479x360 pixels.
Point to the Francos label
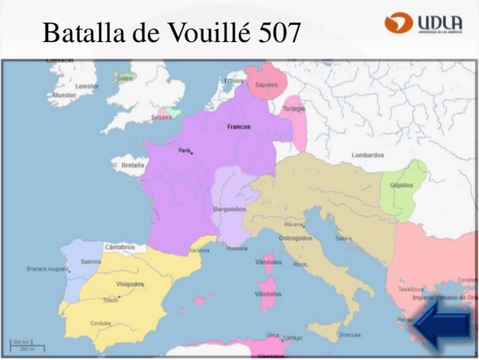[x=238, y=127]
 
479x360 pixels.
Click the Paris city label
[x=184, y=150]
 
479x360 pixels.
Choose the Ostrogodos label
[x=297, y=238]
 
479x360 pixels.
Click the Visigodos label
[x=130, y=283]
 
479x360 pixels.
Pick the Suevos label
[x=91, y=262]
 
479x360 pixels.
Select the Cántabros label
[x=120, y=246]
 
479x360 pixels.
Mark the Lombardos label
[x=367, y=155]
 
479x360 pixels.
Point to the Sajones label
[x=266, y=85]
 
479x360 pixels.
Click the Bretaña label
[x=133, y=163]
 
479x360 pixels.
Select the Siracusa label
[x=349, y=334]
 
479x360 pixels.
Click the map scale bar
[x=27, y=345]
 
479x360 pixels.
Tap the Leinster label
[x=87, y=85]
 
